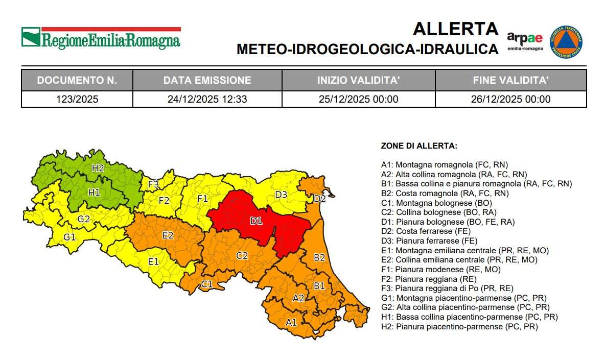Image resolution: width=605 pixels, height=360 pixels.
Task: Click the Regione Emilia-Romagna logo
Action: coord(101,38)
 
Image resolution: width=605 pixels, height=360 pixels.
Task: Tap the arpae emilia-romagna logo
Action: coord(525,41)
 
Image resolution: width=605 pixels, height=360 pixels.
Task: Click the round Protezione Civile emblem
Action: coord(566,42)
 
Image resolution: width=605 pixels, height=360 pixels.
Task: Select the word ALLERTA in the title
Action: coord(455,29)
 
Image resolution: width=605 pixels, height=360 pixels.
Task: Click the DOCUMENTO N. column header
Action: coord(77,80)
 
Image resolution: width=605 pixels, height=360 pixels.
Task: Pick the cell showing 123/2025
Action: coord(77,99)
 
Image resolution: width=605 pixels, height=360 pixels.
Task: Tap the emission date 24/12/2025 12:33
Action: coord(207,99)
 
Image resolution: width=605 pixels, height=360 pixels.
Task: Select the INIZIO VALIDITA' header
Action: coord(358,80)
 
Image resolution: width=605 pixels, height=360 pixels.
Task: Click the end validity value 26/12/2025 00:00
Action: coord(510,99)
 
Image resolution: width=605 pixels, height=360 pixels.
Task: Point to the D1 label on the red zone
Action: coord(255,221)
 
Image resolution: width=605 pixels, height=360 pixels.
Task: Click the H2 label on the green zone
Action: coord(98,167)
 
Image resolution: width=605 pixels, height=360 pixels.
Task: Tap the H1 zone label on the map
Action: coord(94,193)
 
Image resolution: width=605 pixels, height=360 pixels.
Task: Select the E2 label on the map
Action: coord(168,235)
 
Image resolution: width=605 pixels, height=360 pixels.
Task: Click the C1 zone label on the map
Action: coord(206,284)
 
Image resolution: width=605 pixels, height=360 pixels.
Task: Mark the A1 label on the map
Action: coord(291,322)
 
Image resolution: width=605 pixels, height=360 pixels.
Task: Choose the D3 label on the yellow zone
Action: coord(281,195)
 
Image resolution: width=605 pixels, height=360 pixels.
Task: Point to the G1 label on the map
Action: coord(69,237)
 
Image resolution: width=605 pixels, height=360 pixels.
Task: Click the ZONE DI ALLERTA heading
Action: coord(419,146)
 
